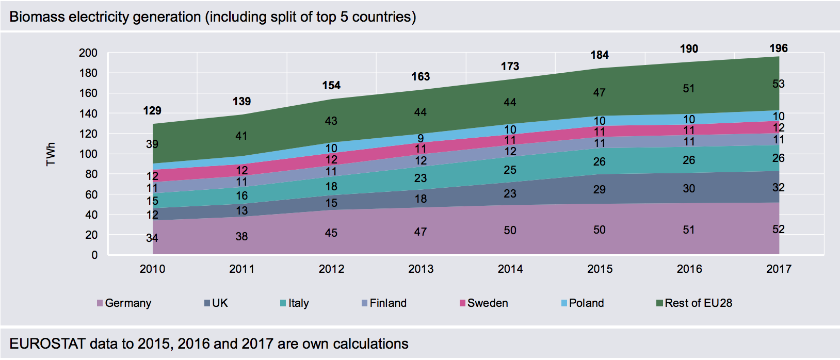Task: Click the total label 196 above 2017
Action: pyautogui.click(x=779, y=48)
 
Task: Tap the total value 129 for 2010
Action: pyautogui.click(x=152, y=110)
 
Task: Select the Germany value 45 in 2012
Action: pyautogui.click(x=331, y=233)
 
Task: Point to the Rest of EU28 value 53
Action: pyautogui.click(x=779, y=84)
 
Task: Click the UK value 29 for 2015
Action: pyautogui.click(x=599, y=189)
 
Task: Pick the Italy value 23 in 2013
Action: pyautogui.click(x=421, y=178)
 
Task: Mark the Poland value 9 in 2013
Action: pyautogui.click(x=421, y=138)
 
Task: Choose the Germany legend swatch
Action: pyautogui.click(x=100, y=303)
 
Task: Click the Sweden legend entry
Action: pyautogui.click(x=484, y=303)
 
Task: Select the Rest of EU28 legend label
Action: pyautogui.click(x=699, y=303)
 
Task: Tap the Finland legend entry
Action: pyautogui.click(x=384, y=303)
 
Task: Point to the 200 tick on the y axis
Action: pyautogui.click(x=88, y=53)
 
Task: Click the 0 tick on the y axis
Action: pyautogui.click(x=94, y=255)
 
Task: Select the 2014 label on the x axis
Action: pyautogui.click(x=510, y=269)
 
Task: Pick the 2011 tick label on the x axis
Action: pyautogui.click(x=242, y=269)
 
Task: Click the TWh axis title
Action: pyautogui.click(x=51, y=154)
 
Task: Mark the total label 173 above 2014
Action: pyautogui.click(x=510, y=67)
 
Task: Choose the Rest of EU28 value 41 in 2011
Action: pyautogui.click(x=241, y=136)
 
